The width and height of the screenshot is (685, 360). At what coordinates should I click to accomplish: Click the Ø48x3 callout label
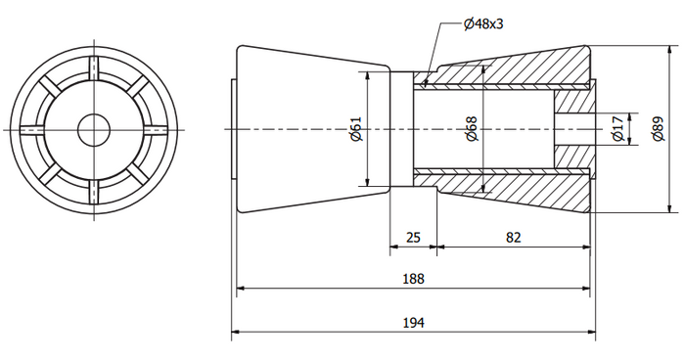(483, 22)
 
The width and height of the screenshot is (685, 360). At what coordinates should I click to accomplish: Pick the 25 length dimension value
(412, 238)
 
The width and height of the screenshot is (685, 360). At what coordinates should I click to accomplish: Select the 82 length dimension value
(514, 238)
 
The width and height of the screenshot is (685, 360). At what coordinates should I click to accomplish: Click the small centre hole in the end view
(95, 128)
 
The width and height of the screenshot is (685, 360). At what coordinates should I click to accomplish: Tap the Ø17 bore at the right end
(572, 128)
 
